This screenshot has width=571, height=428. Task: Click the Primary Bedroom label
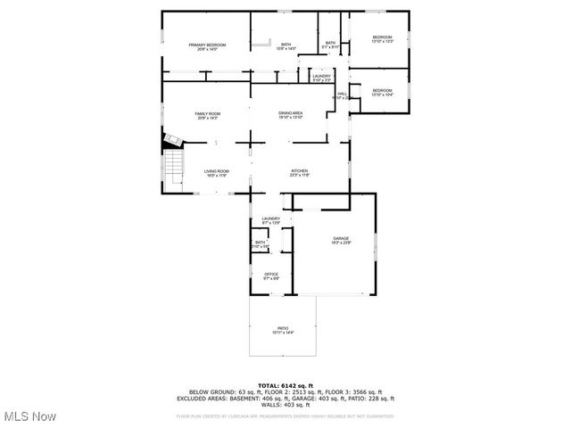207,46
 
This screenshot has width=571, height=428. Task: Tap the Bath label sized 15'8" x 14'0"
285,46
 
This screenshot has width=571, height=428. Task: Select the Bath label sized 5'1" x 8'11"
330,45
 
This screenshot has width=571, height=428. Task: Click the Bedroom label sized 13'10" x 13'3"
382,38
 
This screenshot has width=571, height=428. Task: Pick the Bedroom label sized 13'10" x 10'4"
382,92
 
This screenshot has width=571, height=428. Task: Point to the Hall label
342,94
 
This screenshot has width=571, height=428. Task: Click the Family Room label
208,115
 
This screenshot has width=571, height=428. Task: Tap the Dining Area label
291,115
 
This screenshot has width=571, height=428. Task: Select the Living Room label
216,173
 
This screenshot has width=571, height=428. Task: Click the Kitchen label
299,173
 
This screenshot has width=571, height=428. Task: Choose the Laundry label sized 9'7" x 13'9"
271,220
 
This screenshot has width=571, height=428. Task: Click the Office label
271,276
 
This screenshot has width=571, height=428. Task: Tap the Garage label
341,240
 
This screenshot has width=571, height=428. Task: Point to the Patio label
284,331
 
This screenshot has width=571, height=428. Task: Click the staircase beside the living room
172,166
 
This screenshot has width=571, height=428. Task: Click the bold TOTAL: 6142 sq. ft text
285,385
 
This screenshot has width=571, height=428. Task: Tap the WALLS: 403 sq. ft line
285,406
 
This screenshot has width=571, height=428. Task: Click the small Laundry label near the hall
322,78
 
